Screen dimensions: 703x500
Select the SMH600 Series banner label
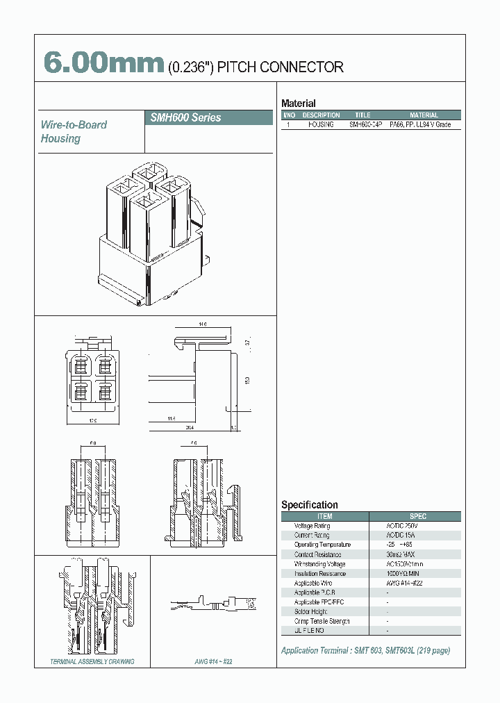click(x=185, y=117)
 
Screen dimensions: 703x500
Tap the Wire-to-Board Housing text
click(x=74, y=131)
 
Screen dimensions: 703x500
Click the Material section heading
click(x=298, y=104)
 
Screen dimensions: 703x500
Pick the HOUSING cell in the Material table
click(x=321, y=124)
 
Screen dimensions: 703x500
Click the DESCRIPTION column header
click(x=321, y=115)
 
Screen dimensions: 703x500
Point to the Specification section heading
click(x=309, y=505)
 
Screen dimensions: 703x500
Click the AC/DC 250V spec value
click(x=402, y=526)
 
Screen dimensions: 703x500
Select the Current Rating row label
click(x=312, y=536)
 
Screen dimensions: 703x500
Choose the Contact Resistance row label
click(x=317, y=554)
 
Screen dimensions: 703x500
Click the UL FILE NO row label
click(x=309, y=630)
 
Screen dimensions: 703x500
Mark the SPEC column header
click(x=418, y=516)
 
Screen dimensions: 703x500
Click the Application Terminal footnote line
click(x=365, y=651)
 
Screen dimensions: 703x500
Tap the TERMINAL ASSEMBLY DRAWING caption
click(x=92, y=662)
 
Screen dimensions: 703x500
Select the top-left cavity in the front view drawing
click(x=81, y=367)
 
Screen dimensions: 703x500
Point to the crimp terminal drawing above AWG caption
click(x=212, y=602)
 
